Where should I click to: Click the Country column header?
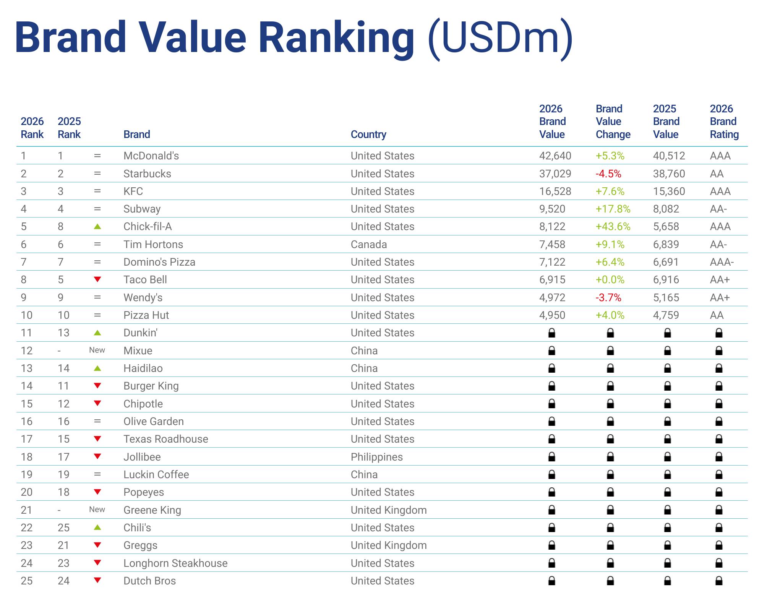[x=368, y=134]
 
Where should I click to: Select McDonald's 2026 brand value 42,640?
[x=555, y=156]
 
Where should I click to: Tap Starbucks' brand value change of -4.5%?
[x=608, y=174]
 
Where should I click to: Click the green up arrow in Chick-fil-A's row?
[x=97, y=226]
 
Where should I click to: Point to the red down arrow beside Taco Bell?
[x=97, y=279]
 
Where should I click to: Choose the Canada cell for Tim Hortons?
[x=368, y=244]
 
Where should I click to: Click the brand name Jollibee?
[x=142, y=457]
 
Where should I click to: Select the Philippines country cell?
[x=376, y=457]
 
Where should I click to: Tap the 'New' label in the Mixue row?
[x=97, y=350]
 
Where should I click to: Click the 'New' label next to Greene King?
[x=97, y=510]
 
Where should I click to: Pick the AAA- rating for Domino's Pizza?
[x=722, y=262]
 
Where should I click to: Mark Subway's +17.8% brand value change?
[x=613, y=209]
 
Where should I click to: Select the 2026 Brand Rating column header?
[x=724, y=122]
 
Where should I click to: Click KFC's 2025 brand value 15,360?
[x=669, y=191]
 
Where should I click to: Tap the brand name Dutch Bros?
[x=149, y=581]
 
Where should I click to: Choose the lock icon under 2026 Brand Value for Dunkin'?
[x=551, y=333]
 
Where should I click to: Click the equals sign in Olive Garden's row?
[x=97, y=421]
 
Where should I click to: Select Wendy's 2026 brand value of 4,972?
[x=552, y=297]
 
